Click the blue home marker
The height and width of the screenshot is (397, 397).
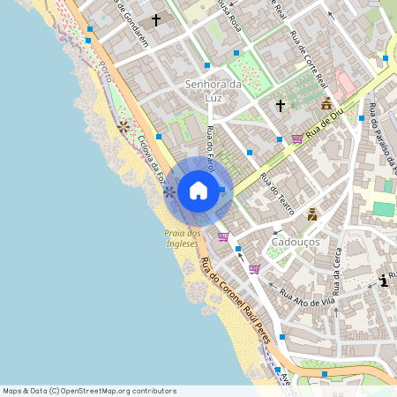(198, 190)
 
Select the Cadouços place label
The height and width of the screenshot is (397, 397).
(296, 241)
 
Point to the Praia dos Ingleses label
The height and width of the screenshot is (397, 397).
(183, 238)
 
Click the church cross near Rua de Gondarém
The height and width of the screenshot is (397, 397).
(156, 19)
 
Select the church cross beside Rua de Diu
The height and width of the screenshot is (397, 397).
(281, 106)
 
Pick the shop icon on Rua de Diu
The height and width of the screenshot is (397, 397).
(296, 138)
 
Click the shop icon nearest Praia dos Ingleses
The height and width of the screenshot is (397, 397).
(223, 236)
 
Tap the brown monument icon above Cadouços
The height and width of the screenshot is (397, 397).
(312, 214)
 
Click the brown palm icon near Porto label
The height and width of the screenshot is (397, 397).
(124, 127)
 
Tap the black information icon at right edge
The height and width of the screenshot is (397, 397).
(383, 281)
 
